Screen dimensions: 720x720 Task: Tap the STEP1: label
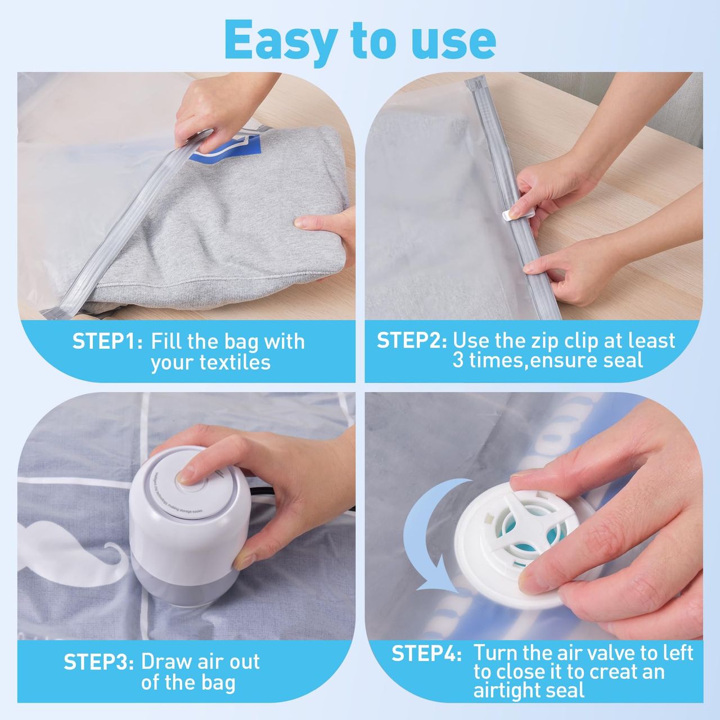(107, 341)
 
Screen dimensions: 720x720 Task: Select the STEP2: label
(411, 340)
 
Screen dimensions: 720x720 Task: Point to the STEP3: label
(98, 661)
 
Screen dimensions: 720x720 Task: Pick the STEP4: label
(426, 653)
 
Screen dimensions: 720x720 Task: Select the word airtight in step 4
(510, 690)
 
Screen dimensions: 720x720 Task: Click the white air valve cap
(517, 538)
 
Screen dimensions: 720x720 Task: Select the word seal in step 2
(625, 360)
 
